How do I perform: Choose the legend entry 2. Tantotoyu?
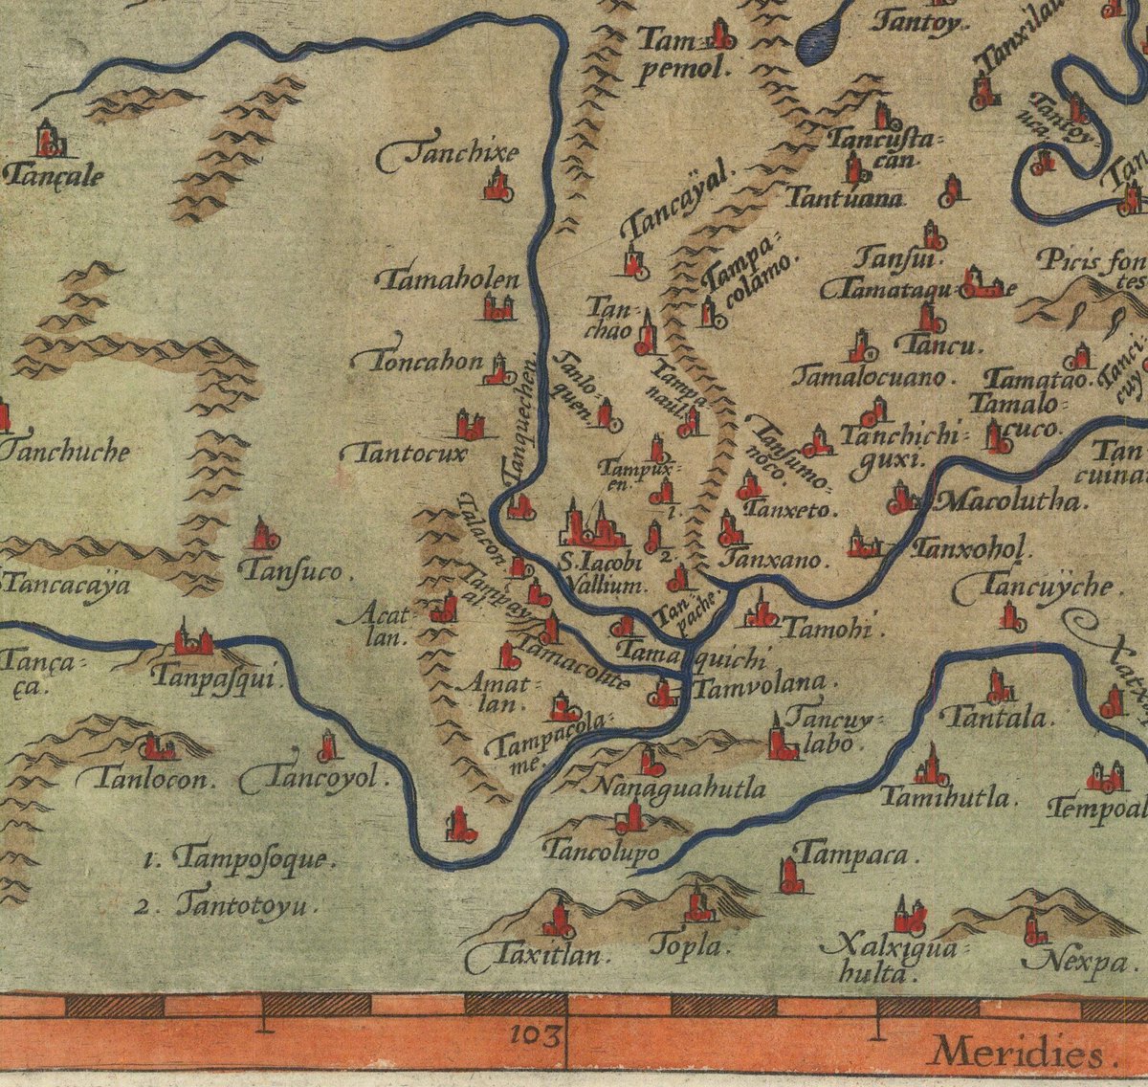click(x=228, y=905)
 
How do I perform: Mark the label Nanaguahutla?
click(x=680, y=788)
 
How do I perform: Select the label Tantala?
click(x=995, y=717)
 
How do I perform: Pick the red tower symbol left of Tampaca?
click(x=788, y=875)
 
